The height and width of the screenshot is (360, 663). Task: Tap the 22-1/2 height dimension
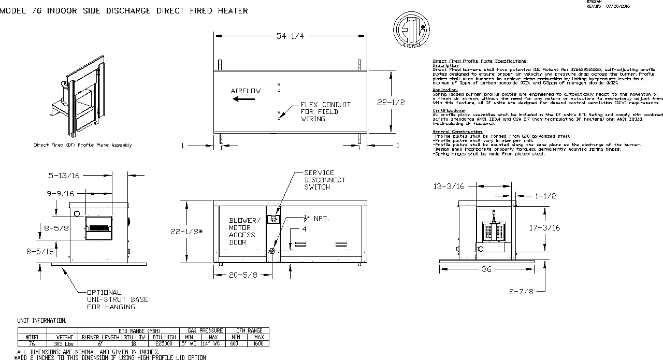click(x=391, y=103)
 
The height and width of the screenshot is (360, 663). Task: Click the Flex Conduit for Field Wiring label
click(x=325, y=112)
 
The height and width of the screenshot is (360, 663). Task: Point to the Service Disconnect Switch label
click(x=325, y=180)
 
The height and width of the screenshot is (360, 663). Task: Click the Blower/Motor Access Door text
click(x=242, y=231)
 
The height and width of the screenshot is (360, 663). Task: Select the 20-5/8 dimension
click(x=243, y=275)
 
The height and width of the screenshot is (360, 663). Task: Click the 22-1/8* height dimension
click(x=187, y=232)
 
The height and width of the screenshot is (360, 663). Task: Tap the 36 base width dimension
click(x=486, y=269)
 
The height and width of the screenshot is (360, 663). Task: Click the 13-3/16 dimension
click(x=449, y=186)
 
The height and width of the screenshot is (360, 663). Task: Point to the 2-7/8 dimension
click(x=521, y=291)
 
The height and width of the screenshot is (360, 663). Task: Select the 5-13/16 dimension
click(x=64, y=176)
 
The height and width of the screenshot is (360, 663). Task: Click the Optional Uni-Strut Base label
click(x=117, y=299)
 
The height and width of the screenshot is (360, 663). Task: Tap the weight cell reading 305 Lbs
click(x=62, y=343)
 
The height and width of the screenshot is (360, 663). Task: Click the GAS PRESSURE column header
click(x=201, y=330)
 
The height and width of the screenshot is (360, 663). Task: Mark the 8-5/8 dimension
click(x=55, y=227)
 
